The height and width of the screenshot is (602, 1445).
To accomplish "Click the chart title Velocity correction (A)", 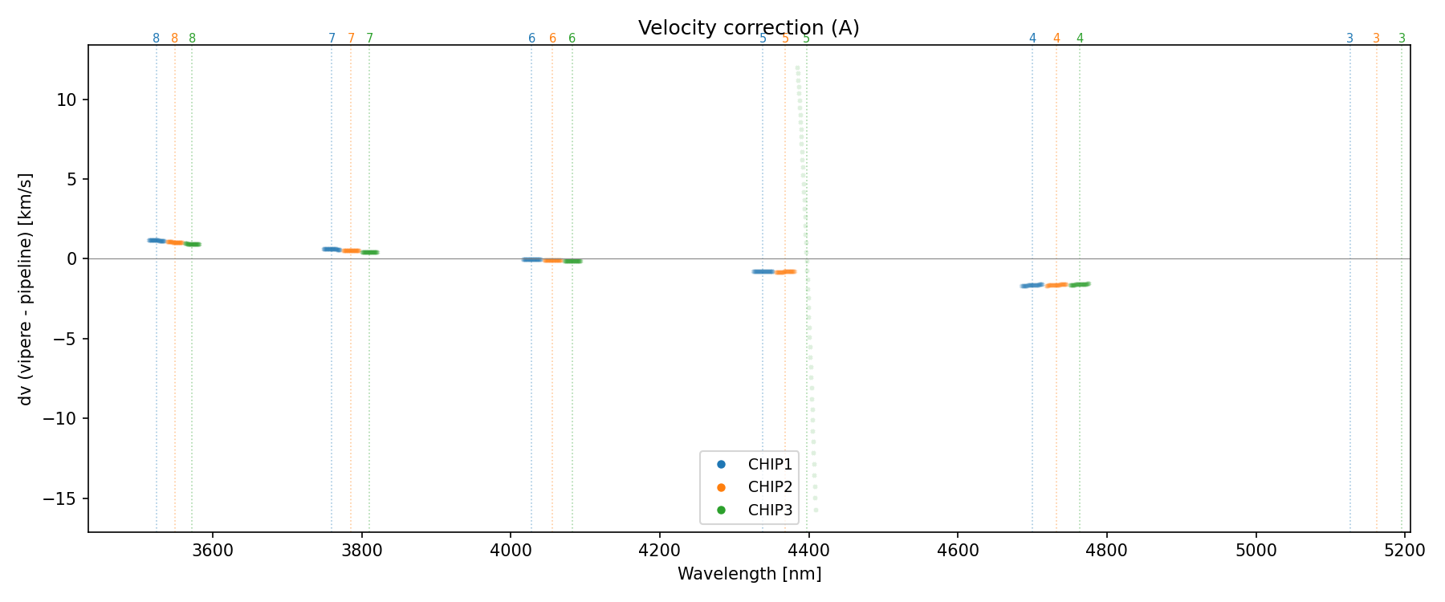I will point(748,28).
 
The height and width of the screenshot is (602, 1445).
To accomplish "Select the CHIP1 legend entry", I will point(770,464).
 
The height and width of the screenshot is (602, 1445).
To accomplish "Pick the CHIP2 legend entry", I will point(770,486).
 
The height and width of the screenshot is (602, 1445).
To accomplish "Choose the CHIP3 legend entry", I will point(770,510).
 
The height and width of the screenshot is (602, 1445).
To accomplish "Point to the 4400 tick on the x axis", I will point(808,550).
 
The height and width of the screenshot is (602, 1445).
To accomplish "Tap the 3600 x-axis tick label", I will point(213,550).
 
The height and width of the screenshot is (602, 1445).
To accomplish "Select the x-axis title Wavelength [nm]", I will point(749,574).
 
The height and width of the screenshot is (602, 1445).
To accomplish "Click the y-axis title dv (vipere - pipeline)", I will point(26,289).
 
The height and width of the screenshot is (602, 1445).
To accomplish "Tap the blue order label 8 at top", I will point(156,39).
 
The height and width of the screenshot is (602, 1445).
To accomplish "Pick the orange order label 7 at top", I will point(351,39).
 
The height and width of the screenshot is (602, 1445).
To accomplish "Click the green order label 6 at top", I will point(572,39).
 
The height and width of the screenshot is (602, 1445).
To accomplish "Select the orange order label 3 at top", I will point(1376,39).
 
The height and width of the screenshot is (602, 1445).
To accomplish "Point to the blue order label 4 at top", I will point(1032,39).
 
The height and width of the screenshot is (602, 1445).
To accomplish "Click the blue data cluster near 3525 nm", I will point(157,240).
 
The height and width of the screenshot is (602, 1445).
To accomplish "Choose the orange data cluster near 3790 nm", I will point(351,250).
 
